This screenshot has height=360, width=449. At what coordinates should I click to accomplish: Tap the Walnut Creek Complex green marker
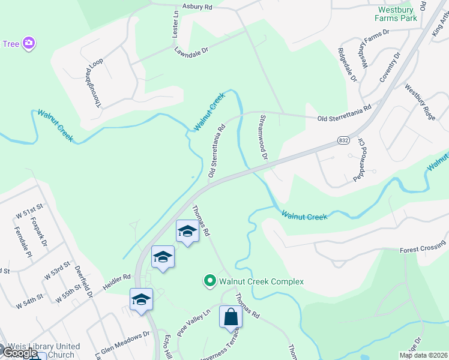pos(209,281)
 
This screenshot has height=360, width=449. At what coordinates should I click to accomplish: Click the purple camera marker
pos(28,43)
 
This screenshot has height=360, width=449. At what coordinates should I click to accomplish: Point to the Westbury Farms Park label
pos(397,14)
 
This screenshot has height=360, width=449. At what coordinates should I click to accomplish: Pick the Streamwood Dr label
pos(262,136)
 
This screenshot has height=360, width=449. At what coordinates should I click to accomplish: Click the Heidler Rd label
pos(118,278)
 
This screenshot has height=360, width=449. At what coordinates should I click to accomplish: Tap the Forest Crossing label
pos(423,249)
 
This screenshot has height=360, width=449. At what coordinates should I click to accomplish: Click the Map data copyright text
pos(423,355)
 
